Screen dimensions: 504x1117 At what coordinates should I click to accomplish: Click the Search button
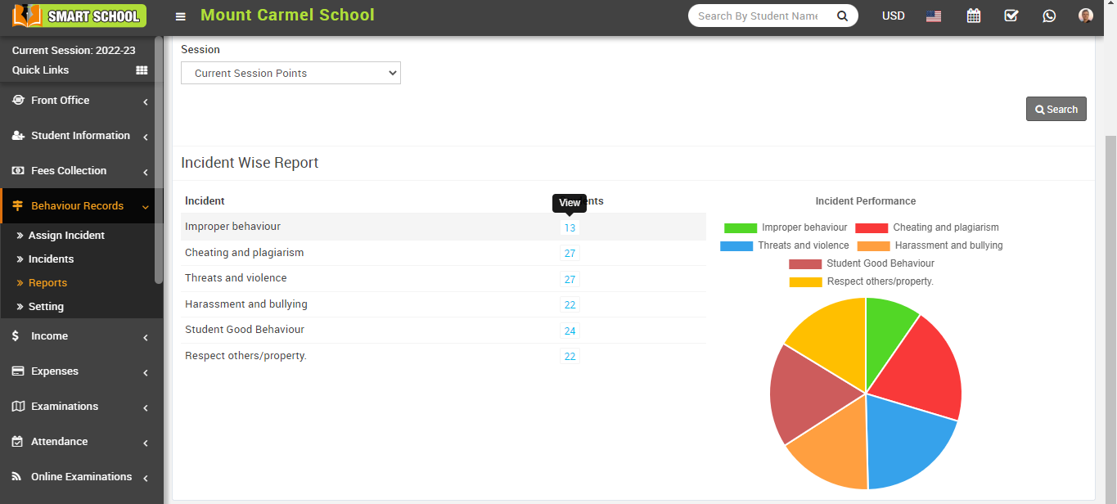[1056, 110]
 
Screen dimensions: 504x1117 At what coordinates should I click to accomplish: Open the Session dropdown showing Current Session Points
[291, 73]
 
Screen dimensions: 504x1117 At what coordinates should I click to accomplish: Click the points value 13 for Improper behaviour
[570, 228]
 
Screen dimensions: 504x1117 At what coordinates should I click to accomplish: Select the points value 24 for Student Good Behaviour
[570, 331]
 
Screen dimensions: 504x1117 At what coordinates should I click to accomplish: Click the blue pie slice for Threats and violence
[908, 438]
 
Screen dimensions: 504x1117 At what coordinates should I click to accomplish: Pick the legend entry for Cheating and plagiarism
[927, 227]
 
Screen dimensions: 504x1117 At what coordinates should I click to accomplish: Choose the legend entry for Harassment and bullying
[930, 245]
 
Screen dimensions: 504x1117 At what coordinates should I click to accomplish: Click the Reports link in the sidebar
[47, 282]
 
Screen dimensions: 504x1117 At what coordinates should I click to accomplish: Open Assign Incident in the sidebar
[66, 235]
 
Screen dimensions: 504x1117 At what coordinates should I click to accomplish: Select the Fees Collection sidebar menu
[69, 170]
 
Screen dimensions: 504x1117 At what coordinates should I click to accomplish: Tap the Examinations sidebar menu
[65, 406]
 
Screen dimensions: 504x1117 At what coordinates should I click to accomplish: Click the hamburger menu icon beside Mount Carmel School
[181, 16]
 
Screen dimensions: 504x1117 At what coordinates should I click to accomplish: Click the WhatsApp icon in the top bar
[1049, 16]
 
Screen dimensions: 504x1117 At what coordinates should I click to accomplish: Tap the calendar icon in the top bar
[974, 16]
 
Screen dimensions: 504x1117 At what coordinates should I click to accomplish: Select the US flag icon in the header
[934, 16]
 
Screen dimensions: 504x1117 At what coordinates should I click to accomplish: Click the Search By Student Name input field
[758, 16]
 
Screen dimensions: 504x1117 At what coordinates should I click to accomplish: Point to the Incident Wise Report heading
[250, 163]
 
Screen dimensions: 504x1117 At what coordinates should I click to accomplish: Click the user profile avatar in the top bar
[1086, 16]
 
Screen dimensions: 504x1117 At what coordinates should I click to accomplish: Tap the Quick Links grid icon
[142, 70]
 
